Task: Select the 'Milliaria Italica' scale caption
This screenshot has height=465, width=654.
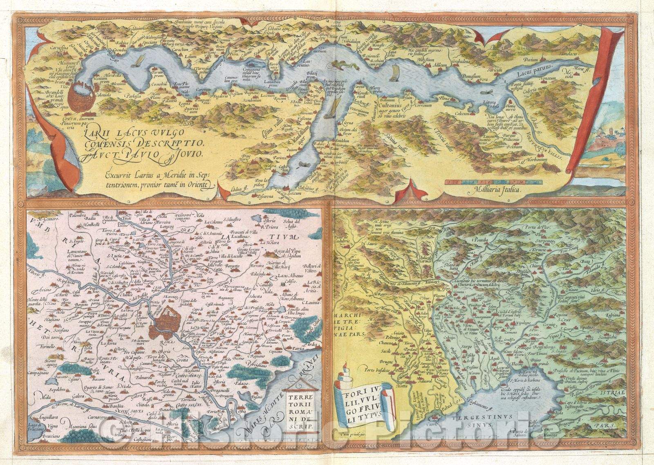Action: (490, 190)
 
